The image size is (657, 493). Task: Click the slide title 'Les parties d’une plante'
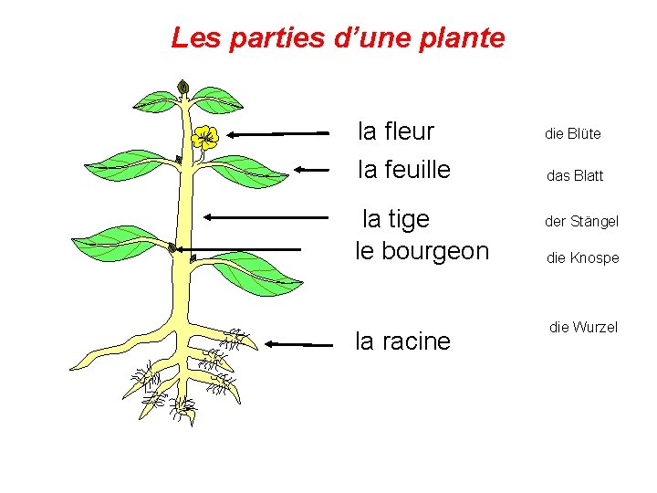tap(338, 38)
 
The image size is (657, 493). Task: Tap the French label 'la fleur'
tap(396, 132)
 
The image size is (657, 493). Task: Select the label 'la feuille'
tap(404, 170)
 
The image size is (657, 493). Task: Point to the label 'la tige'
tap(396, 219)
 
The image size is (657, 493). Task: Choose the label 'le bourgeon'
tap(422, 251)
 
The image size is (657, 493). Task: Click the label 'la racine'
tap(402, 341)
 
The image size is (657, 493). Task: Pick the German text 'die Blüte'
tap(572, 134)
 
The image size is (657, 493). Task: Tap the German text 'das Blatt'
tap(574, 175)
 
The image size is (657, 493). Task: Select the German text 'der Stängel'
tap(581, 222)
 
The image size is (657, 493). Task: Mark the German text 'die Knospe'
tap(582, 258)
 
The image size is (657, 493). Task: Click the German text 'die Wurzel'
tap(583, 327)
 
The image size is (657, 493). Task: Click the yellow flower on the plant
tap(205, 137)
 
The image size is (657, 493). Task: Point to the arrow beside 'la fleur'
tap(278, 133)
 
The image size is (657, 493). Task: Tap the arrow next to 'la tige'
tap(265, 217)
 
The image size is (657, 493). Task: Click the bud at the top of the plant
tap(183, 88)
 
